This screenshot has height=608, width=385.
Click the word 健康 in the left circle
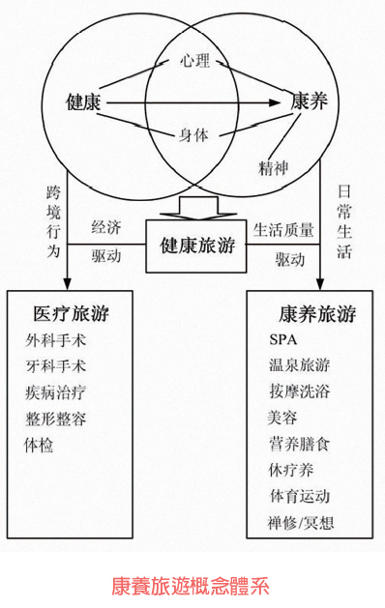pyautogui.click(x=83, y=101)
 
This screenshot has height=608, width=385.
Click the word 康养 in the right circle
pyautogui.click(x=311, y=101)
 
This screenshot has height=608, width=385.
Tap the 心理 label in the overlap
pyautogui.click(x=194, y=62)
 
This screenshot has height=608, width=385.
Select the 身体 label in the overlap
pyautogui.click(x=194, y=135)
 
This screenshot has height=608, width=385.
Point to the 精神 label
pyautogui.click(x=275, y=168)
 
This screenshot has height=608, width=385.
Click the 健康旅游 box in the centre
pyautogui.click(x=198, y=246)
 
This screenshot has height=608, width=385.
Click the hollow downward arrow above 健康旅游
pyautogui.click(x=196, y=206)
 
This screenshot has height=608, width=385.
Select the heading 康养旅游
pyautogui.click(x=316, y=313)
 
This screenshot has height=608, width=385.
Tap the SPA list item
pyautogui.click(x=284, y=339)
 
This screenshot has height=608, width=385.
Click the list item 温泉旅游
pyautogui.click(x=300, y=365)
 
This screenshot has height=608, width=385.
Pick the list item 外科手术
pyautogui.click(x=56, y=340)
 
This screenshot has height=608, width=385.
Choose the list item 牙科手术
pyautogui.click(x=56, y=366)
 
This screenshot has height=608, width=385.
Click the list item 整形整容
pyautogui.click(x=56, y=419)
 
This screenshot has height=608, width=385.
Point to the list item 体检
pyautogui.click(x=41, y=445)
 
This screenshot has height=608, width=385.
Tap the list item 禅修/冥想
pyautogui.click(x=306, y=523)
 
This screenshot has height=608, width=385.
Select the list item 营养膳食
pyautogui.click(x=300, y=445)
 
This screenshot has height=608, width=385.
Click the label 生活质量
pyautogui.click(x=283, y=230)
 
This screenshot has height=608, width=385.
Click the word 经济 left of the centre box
pyautogui.click(x=106, y=228)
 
